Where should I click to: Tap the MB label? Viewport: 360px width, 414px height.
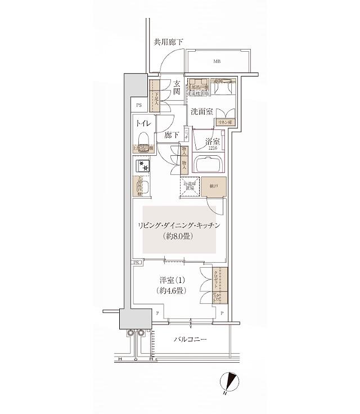217,62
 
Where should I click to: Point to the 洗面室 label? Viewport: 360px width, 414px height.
200,112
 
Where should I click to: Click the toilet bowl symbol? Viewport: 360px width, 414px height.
143,139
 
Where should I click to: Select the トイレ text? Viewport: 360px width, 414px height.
143,121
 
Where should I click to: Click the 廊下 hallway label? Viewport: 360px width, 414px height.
171,135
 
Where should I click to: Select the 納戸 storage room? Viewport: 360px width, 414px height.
215,187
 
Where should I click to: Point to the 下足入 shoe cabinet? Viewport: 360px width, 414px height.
155,99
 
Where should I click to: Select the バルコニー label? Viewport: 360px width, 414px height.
190,340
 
